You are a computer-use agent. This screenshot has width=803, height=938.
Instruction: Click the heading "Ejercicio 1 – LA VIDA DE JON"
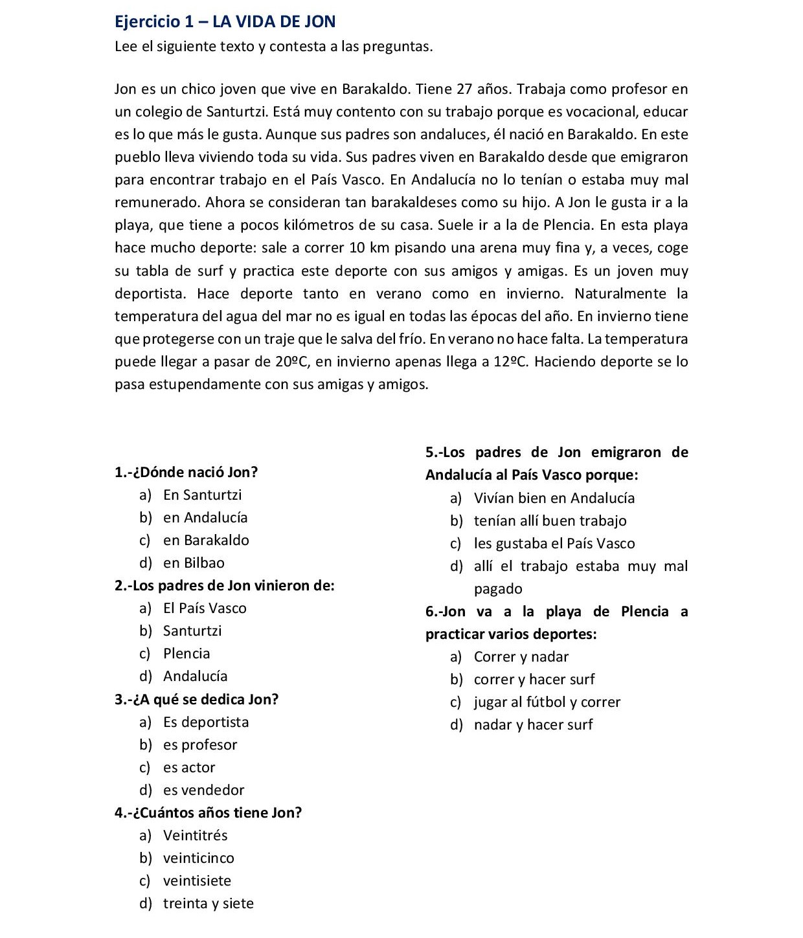tap(225, 21)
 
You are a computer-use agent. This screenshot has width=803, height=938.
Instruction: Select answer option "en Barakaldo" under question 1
tap(206, 540)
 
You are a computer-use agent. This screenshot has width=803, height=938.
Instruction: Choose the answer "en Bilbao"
tap(194, 563)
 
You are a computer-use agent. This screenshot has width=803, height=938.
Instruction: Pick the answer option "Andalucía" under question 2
tap(195, 676)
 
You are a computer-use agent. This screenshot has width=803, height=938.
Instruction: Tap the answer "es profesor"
tap(200, 744)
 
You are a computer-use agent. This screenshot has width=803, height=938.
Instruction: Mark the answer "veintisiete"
tap(197, 880)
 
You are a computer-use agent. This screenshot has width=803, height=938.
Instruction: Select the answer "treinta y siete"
tap(208, 903)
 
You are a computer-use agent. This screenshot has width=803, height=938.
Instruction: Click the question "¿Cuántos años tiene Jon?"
tap(208, 812)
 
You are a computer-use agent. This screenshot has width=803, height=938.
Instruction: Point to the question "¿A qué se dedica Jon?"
tap(196, 699)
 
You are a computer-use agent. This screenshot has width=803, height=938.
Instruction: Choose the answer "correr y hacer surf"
tap(534, 679)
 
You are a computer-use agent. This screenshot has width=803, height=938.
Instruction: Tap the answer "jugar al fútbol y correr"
tap(547, 702)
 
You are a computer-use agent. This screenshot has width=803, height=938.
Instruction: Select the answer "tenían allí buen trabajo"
tap(550, 520)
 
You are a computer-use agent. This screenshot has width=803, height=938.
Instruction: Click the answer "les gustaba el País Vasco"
tap(554, 543)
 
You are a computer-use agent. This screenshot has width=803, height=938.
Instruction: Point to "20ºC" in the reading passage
tap(290, 361)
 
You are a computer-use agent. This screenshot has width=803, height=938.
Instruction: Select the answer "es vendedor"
tap(203, 790)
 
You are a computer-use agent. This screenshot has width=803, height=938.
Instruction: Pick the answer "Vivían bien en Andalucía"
tap(554, 498)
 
